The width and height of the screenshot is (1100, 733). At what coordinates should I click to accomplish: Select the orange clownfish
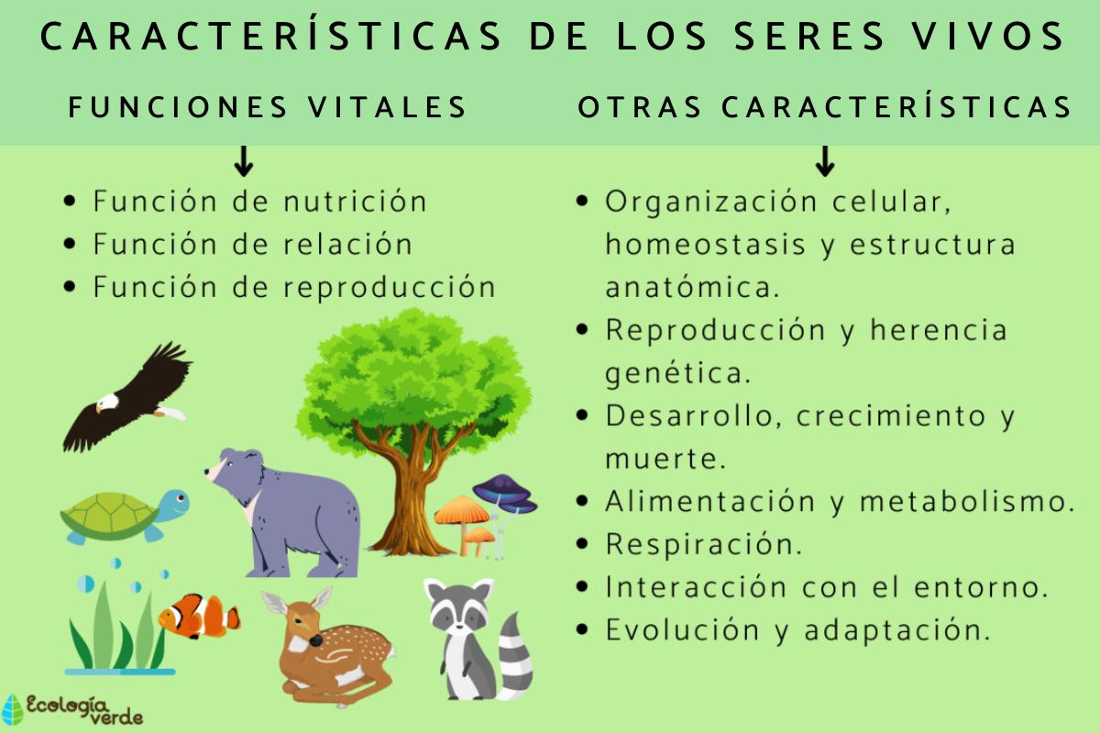[197, 616]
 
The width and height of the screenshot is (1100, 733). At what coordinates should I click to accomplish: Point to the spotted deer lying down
[325, 646]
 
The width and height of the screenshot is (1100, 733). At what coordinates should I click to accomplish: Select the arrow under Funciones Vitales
[244, 161]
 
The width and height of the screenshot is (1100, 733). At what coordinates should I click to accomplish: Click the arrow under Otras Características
[824, 161]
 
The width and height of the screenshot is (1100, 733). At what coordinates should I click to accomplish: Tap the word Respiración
[703, 544]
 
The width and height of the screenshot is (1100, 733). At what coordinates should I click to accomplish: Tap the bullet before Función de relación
[71, 245]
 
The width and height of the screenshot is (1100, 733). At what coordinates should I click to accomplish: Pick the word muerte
[665, 458]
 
